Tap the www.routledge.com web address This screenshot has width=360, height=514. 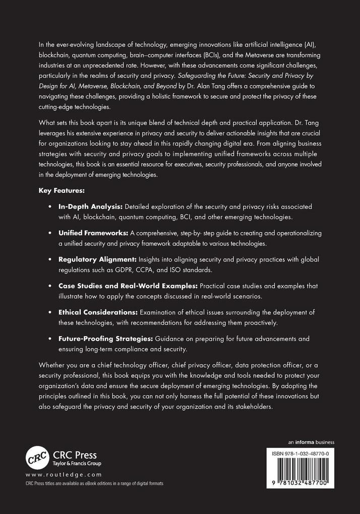tap(64, 475)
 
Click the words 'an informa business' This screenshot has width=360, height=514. tap(311, 442)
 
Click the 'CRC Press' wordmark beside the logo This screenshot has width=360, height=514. tap(76, 455)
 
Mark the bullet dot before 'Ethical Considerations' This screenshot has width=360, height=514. tap(50, 312)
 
